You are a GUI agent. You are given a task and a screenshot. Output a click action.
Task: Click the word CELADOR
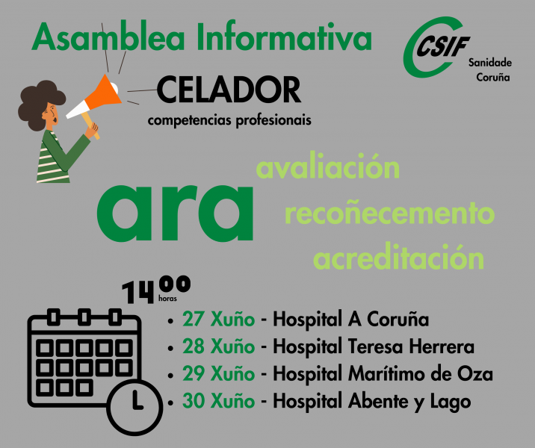(x=229, y=90)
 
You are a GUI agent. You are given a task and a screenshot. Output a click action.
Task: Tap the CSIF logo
(x=436, y=47)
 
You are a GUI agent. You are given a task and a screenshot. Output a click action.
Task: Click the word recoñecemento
(x=389, y=214)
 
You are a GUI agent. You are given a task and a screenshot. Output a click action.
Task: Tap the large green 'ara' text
(x=175, y=214)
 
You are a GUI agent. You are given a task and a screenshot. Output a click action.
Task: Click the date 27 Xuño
(x=218, y=320)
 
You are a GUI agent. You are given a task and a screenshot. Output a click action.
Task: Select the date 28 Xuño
(x=218, y=346)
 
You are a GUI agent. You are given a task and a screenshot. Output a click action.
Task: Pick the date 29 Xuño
(x=218, y=373)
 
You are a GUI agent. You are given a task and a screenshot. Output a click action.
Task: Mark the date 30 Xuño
(x=218, y=401)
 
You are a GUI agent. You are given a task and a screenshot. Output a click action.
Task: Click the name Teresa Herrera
(x=411, y=346)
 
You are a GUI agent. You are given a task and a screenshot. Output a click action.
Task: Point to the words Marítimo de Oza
(x=421, y=373)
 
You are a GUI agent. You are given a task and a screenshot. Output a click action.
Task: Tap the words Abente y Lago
(x=409, y=401)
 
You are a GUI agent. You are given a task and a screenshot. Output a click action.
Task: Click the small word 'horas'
(x=167, y=299)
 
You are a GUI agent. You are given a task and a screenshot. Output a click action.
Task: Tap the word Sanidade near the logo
(x=490, y=63)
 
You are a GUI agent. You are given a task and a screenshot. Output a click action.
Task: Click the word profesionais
(x=273, y=121)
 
